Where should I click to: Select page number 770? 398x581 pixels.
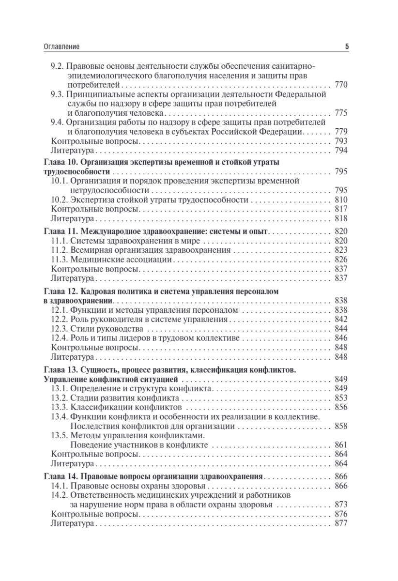pyautogui.click(x=341, y=85)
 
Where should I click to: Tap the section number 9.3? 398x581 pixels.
pyautogui.click(x=58, y=94)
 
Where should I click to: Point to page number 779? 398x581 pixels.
pyautogui.click(x=341, y=132)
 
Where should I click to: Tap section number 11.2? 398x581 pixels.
pyautogui.click(x=60, y=250)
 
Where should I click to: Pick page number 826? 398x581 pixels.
pyautogui.click(x=341, y=260)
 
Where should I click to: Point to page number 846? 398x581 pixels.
pyautogui.click(x=341, y=338)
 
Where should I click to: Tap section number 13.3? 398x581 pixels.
pyautogui.click(x=60, y=407)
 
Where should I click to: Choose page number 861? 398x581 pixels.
pyautogui.click(x=341, y=444)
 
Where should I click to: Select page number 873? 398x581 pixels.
pyautogui.click(x=341, y=505)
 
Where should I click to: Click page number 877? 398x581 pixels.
pyautogui.click(x=341, y=523)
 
